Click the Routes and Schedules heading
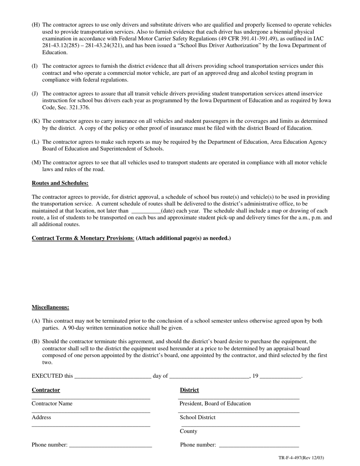pyautogui.click(x=60, y=183)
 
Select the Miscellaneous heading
pyautogui.click(x=50, y=307)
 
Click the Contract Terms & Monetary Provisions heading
pyautogui.click(x=82, y=238)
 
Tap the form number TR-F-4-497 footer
pyautogui.click(x=301, y=458)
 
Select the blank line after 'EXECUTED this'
pyautogui.click(x=113, y=376)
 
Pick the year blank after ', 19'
pyautogui.click(x=280, y=376)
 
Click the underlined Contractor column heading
pyautogui.click(x=46, y=390)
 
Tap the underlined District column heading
pyautogui.click(x=189, y=390)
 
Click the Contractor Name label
pyautogui.click(x=52, y=404)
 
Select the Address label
pyautogui.click(x=41, y=418)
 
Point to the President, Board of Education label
pyautogui.click(x=215, y=404)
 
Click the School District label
pyautogui.click(x=197, y=418)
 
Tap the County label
pyautogui.click(x=188, y=431)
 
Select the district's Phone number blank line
pyautogui.click(x=259, y=446)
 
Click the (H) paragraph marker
pyautogui.click(x=36, y=25)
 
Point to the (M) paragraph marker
pyautogui.click(x=36, y=163)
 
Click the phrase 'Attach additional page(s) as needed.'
pyautogui.click(x=183, y=238)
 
